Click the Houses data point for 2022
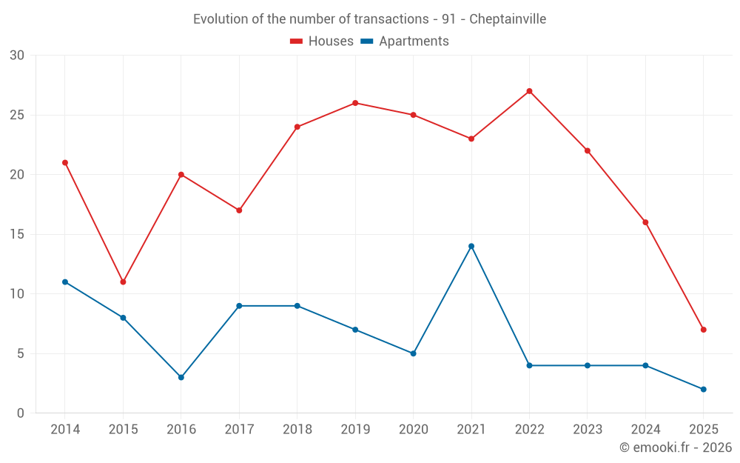point(529,91)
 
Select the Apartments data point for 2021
point(471,246)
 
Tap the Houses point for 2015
point(123,282)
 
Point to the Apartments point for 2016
point(181,377)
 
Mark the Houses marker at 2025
point(704,330)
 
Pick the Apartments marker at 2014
point(65,282)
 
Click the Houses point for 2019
point(355,103)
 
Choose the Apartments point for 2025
point(704,389)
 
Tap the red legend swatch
point(297,41)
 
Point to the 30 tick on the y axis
point(17,56)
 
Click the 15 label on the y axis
point(17,234)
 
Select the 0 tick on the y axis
point(21,413)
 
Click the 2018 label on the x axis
point(297,430)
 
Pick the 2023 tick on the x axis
point(588,430)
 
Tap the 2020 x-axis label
point(413,430)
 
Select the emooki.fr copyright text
point(675,447)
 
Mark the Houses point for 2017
point(239,210)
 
